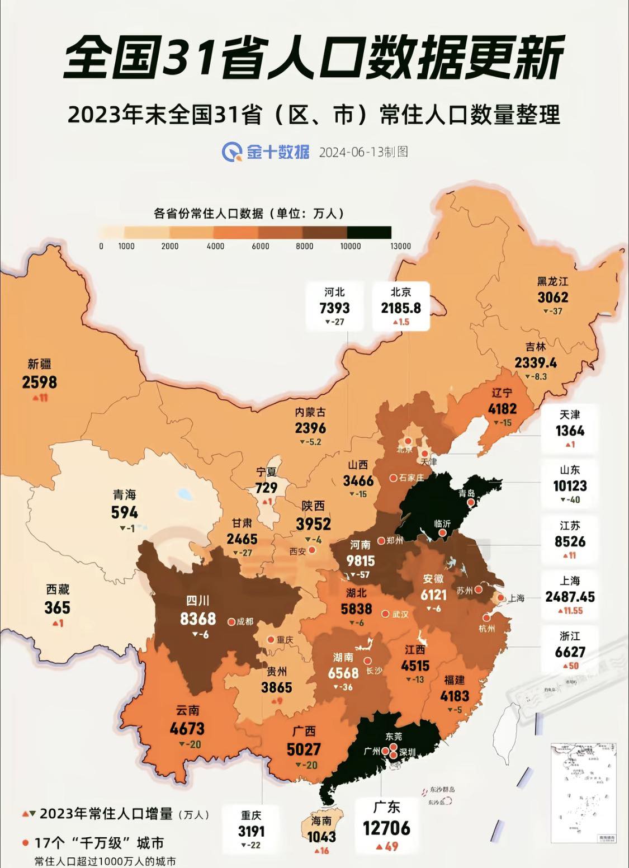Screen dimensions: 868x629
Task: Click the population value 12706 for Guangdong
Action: click(386, 827)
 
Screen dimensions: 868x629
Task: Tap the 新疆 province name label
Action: click(39, 364)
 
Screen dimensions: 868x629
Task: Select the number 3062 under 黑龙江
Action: click(552, 297)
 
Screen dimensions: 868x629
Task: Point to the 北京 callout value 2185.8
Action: click(401, 308)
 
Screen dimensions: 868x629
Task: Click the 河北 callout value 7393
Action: click(334, 308)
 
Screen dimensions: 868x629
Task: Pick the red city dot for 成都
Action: click(231, 621)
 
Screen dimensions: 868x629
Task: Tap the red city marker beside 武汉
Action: click(385, 614)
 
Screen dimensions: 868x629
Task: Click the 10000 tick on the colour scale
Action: click(350, 246)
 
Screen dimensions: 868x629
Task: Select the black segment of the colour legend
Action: click(369, 232)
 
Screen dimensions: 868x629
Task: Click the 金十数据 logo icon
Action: click(231, 151)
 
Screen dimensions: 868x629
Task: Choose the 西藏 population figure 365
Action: click(57, 607)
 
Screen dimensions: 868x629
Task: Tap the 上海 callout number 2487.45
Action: click(570, 596)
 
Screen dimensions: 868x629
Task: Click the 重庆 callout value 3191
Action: click(251, 831)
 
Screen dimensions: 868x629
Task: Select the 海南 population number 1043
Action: click(321, 836)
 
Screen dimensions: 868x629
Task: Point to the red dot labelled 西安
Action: click(313, 550)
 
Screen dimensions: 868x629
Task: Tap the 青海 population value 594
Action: click(124, 512)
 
